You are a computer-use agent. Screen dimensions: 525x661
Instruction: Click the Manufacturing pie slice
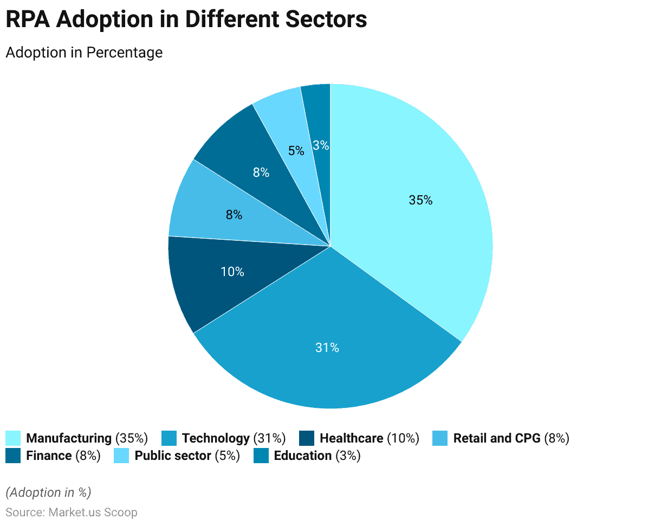click(x=412, y=217)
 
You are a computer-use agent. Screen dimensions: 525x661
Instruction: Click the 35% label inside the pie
click(x=420, y=200)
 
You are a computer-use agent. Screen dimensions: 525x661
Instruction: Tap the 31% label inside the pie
click(x=327, y=348)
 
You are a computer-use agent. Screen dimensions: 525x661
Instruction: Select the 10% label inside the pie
click(x=232, y=272)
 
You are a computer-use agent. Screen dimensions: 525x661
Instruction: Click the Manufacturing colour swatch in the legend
click(x=14, y=438)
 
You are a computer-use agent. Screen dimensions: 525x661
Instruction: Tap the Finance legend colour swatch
click(x=14, y=456)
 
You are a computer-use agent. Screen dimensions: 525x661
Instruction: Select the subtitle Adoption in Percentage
click(x=84, y=53)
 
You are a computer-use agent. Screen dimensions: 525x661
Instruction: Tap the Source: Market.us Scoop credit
click(x=72, y=512)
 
